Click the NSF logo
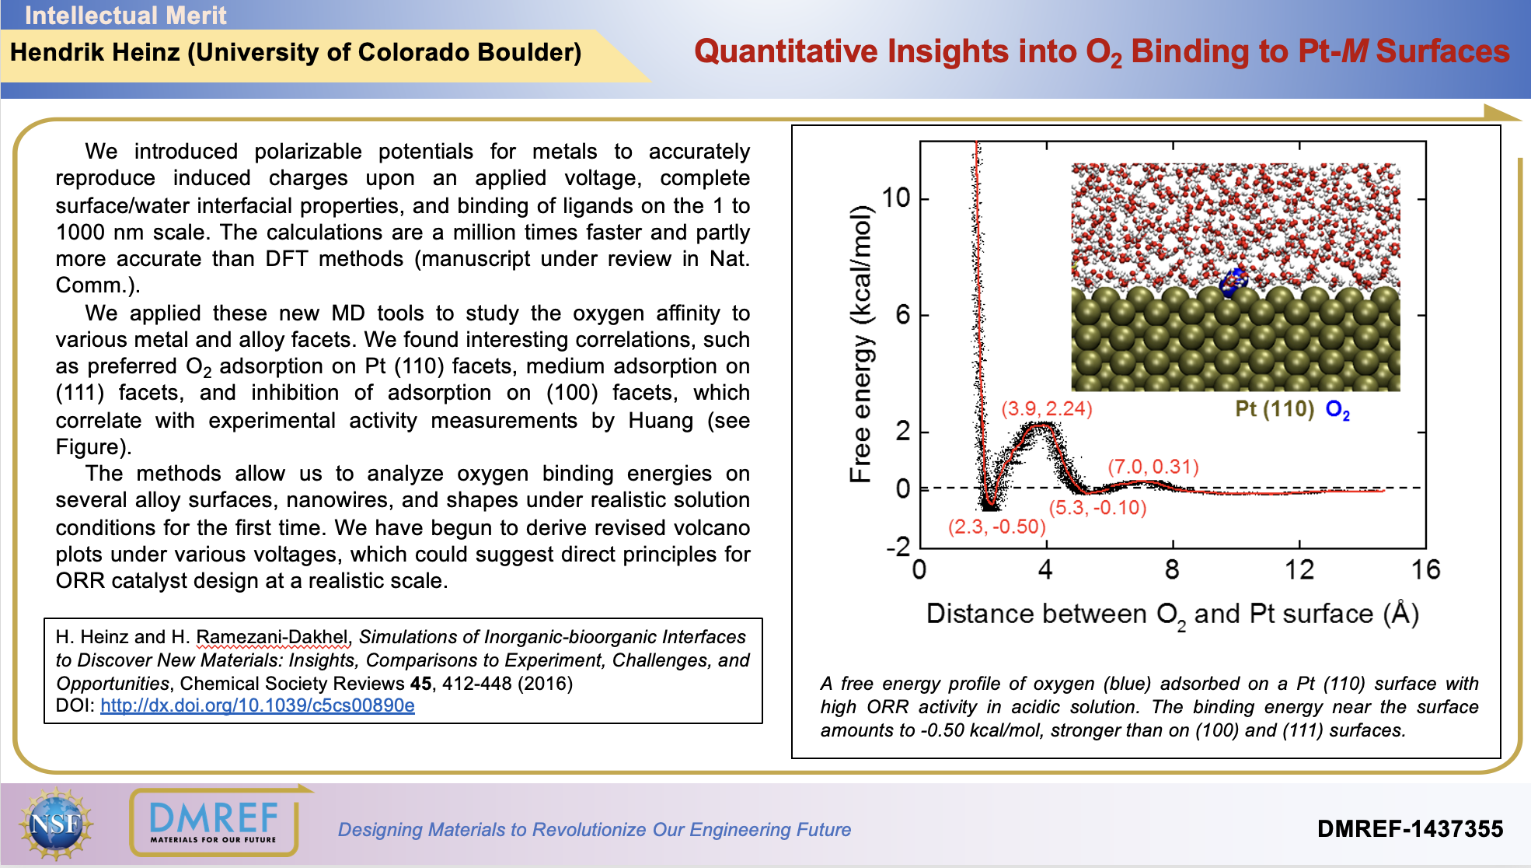[x=56, y=824]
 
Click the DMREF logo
[x=214, y=821]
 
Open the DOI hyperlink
[x=257, y=705]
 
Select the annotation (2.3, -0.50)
[x=996, y=527]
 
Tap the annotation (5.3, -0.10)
[x=1097, y=508]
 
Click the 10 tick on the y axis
[x=895, y=198]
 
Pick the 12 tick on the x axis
[x=1299, y=570]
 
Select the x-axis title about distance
[x=1172, y=614]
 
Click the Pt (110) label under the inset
[x=1274, y=409]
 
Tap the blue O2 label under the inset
[x=1337, y=410]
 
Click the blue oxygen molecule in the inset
[x=1232, y=282]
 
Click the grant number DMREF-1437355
[x=1410, y=829]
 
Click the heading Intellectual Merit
[x=125, y=15]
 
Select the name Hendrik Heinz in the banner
[x=95, y=52]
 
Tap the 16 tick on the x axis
[x=1425, y=570]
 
